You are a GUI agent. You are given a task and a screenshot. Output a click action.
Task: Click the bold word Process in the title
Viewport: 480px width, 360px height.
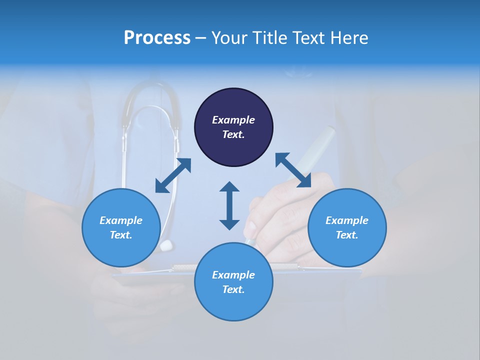157,38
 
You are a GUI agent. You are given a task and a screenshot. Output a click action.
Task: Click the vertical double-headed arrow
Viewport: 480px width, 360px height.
229,205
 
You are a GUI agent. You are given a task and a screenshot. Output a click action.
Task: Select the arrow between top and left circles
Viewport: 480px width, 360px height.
173,175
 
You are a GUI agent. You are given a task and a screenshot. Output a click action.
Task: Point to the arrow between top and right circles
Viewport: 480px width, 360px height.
293,170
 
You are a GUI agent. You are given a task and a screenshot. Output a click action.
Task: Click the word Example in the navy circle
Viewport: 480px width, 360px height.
233,120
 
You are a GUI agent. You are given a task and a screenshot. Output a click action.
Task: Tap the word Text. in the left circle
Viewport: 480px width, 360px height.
121,235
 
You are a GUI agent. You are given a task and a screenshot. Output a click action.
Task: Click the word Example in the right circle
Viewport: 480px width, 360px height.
347,220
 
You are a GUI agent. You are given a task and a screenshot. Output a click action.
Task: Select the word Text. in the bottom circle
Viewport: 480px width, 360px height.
233,289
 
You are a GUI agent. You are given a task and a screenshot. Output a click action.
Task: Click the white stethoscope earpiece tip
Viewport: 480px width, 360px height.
166,245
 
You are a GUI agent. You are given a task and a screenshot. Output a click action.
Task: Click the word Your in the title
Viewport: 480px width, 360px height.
229,38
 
